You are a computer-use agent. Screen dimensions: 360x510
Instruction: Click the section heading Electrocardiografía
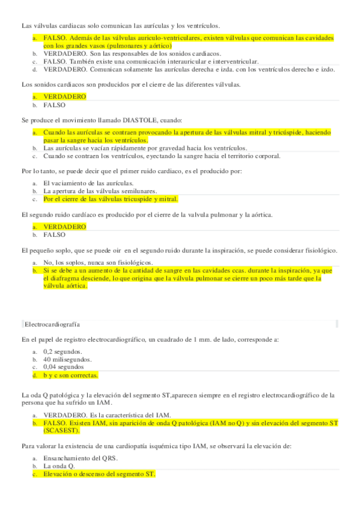(53, 324)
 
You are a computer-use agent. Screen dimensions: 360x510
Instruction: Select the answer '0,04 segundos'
(64, 366)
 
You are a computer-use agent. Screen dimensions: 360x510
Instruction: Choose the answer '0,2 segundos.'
(63, 351)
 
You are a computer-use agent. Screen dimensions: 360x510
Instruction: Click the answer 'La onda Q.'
(59, 466)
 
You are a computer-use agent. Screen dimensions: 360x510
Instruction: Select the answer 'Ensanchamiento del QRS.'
(80, 458)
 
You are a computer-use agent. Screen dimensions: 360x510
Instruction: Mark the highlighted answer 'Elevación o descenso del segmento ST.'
(99, 474)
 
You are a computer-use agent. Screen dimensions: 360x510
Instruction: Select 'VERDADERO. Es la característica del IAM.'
(107, 415)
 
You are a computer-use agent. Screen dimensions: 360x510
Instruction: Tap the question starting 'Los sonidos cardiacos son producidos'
(131, 84)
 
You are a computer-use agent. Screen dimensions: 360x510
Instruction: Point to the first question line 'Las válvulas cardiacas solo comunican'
(121, 26)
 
